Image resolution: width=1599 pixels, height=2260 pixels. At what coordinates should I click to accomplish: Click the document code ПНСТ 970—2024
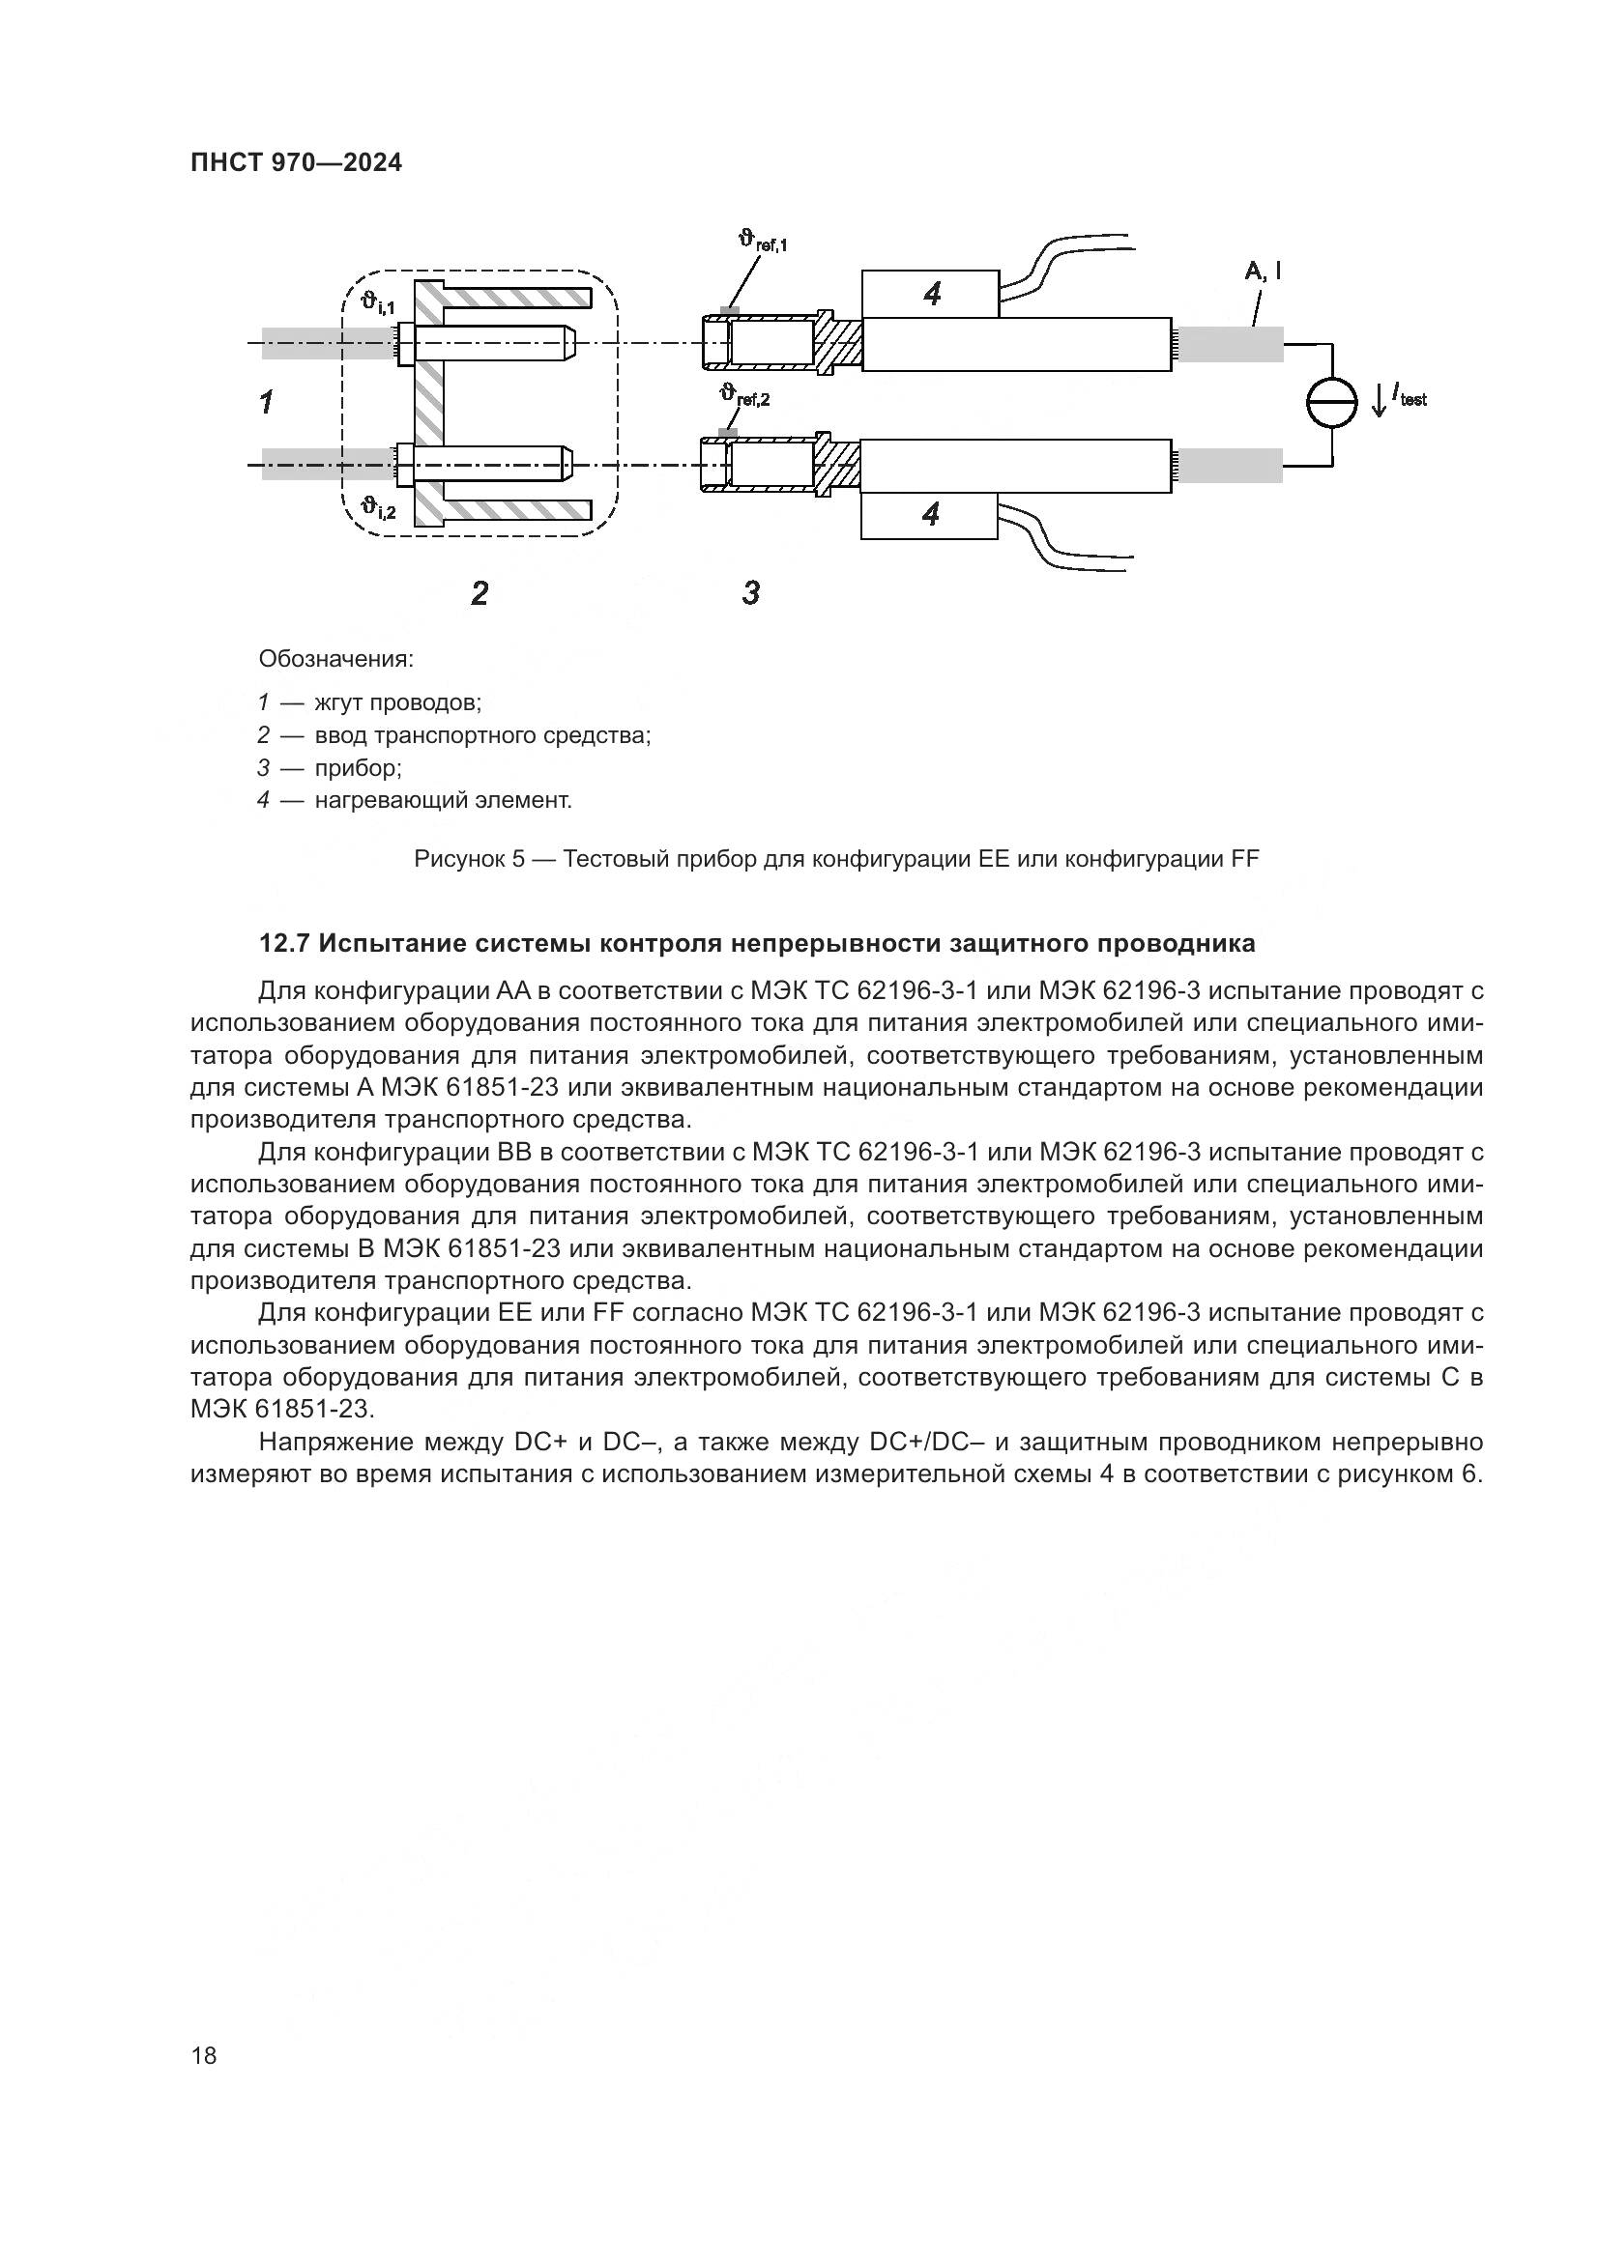click(296, 162)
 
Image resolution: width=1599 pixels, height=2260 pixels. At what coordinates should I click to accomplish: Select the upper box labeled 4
click(929, 294)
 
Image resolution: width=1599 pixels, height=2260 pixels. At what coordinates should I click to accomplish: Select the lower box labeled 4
click(929, 514)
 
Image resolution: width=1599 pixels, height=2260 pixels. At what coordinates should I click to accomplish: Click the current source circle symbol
click(1332, 403)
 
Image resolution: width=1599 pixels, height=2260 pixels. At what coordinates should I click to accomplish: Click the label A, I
click(1263, 272)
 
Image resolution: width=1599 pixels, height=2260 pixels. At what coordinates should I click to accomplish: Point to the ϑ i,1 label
click(377, 303)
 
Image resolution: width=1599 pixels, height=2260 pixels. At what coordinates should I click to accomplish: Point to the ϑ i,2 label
click(377, 508)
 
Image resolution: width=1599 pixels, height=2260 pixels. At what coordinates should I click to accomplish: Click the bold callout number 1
click(266, 402)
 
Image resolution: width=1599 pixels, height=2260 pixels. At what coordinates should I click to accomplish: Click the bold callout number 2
click(479, 592)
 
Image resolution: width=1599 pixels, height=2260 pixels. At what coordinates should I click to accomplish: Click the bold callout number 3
click(750, 592)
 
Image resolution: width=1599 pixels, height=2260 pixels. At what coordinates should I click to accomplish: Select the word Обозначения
click(335, 658)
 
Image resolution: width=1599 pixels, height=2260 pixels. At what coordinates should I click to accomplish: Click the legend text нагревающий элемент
click(443, 800)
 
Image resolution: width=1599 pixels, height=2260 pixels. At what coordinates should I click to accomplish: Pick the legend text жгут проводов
click(397, 702)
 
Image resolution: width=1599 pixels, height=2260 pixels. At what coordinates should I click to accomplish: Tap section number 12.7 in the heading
click(284, 943)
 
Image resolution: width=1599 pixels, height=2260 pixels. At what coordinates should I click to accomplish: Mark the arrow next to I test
click(1379, 400)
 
